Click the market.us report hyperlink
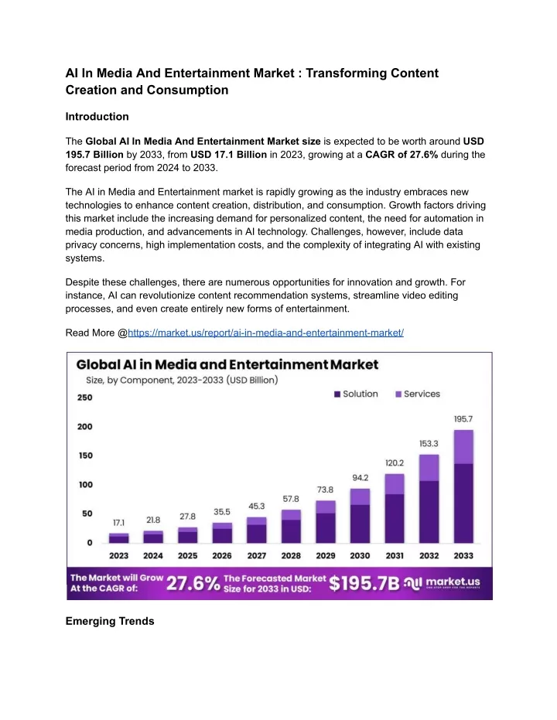(265, 333)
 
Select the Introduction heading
(97, 117)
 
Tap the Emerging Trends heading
(110, 621)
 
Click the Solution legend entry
(357, 394)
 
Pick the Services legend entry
(418, 394)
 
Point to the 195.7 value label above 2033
(463, 419)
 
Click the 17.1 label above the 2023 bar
(118, 523)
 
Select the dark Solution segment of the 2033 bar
(463, 503)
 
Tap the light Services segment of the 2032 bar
(429, 468)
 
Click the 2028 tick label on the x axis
(291, 555)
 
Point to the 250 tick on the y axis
(85, 398)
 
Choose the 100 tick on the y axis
(85, 485)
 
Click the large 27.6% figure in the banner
(193, 584)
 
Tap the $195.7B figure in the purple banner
(364, 584)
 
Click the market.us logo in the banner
(442, 583)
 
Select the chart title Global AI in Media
(227, 364)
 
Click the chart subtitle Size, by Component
(182, 380)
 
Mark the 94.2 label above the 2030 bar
(360, 478)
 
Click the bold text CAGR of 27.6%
(402, 155)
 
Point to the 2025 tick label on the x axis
(187, 555)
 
